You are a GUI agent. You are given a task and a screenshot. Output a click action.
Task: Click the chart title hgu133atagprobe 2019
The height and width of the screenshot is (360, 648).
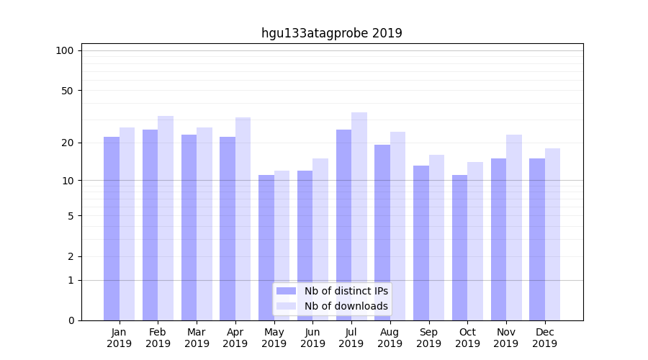(x=331, y=33)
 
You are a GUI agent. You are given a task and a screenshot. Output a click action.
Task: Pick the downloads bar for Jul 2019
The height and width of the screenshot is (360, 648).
(x=359, y=216)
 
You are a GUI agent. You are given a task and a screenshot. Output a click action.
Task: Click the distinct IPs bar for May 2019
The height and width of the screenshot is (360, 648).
(x=266, y=248)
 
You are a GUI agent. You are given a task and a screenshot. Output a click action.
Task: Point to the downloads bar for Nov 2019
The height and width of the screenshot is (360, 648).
(x=514, y=228)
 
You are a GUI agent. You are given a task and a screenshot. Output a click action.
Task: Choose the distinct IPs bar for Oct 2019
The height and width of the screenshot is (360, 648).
(x=459, y=248)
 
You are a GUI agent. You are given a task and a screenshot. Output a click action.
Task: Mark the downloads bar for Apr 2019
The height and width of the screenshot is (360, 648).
(x=243, y=219)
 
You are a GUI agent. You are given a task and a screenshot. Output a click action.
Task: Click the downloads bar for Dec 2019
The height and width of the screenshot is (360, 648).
(x=552, y=234)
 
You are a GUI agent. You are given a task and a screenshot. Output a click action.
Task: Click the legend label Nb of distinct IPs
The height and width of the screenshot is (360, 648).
(x=346, y=291)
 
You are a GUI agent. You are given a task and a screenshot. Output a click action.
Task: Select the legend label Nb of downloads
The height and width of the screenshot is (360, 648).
(x=346, y=306)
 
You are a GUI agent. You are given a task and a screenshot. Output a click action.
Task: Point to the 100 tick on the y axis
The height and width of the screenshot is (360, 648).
(x=65, y=50)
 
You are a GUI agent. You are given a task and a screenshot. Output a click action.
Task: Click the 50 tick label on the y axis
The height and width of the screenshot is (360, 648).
(x=68, y=91)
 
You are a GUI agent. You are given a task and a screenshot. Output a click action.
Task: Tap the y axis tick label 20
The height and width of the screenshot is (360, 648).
(x=68, y=143)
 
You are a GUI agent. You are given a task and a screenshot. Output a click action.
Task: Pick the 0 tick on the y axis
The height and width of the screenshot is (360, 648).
(x=71, y=320)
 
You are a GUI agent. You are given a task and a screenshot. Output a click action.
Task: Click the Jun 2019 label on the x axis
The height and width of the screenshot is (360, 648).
(x=312, y=338)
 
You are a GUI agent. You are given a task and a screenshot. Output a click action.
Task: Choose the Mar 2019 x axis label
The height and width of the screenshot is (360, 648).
(x=197, y=338)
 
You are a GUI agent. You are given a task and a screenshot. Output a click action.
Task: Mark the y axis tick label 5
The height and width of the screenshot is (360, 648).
(x=71, y=216)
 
